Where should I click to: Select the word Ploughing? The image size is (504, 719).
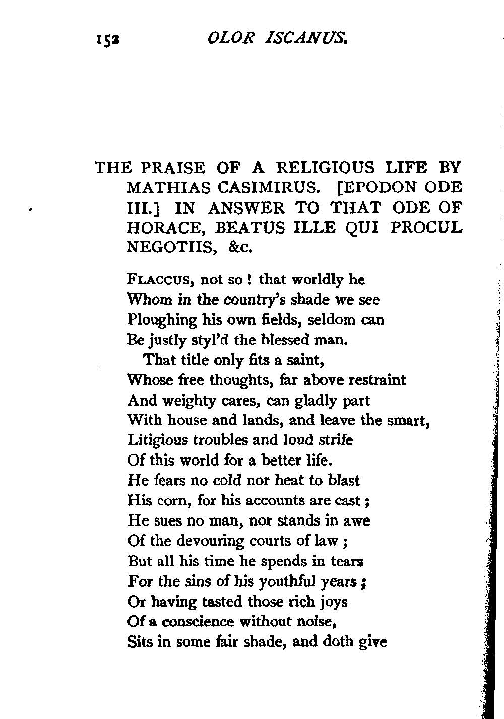pos(161,320)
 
